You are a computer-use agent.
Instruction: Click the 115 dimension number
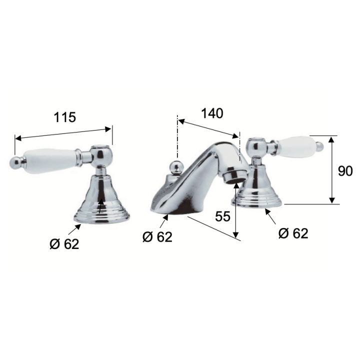[x=64, y=117]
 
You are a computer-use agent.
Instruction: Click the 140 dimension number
[x=212, y=113]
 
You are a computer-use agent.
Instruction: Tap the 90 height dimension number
[x=345, y=171]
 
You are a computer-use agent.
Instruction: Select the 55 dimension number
[x=222, y=216]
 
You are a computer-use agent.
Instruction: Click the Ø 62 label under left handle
[x=64, y=243]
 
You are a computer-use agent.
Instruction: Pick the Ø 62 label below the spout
[x=157, y=236]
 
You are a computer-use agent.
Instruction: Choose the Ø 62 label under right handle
[x=293, y=233]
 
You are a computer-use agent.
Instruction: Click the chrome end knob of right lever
[x=319, y=146]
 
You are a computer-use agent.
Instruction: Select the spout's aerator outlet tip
[x=234, y=175]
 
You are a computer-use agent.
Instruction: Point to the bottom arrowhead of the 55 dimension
[x=235, y=235]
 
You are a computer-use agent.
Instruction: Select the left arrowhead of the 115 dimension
[x=18, y=138]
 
